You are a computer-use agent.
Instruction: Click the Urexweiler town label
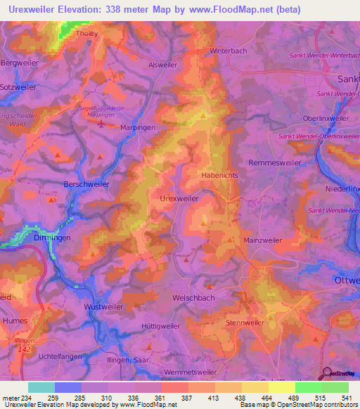pyautogui.click(x=179, y=199)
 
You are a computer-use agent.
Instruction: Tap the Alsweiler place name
pyautogui.click(x=163, y=65)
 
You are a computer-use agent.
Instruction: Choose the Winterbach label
pyautogui.click(x=230, y=51)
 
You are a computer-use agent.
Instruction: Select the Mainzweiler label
pyautogui.click(x=262, y=240)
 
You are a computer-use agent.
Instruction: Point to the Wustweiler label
pyautogui.click(x=103, y=308)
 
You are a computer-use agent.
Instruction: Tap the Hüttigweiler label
pyautogui.click(x=161, y=326)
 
